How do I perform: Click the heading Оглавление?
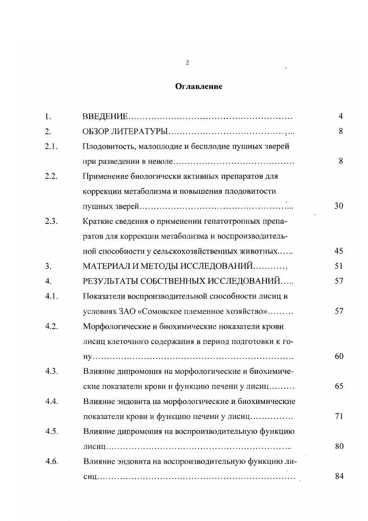198,86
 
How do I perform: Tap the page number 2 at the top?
187,63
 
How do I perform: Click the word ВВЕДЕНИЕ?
104,117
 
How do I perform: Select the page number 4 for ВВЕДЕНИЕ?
341,117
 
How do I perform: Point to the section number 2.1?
51,147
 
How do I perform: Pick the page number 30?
338,206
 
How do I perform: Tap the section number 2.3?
51,221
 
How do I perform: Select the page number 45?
338,251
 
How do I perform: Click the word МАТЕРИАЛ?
106,266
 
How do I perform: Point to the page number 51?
338,266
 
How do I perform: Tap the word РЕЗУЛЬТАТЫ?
111,281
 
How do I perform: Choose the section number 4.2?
51,326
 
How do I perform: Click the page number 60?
338,356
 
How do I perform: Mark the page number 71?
338,416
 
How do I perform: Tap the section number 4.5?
51,431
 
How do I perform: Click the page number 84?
338,476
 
